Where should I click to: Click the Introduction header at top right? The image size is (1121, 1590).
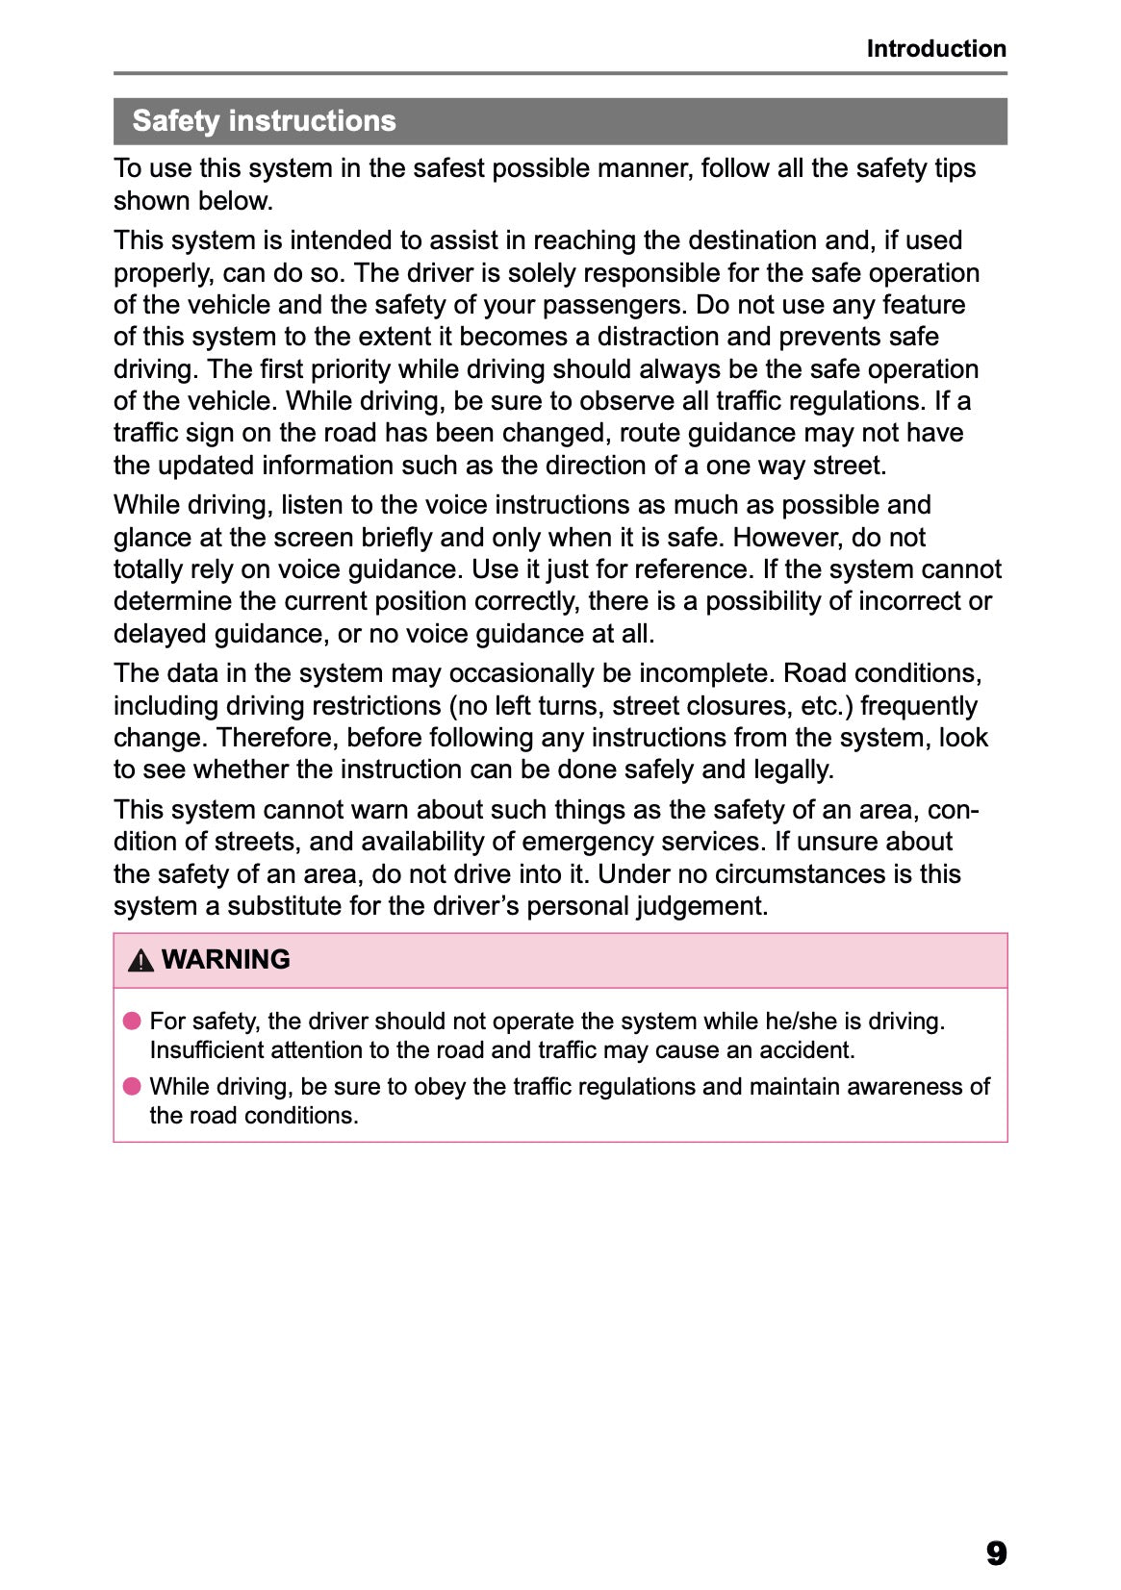pyautogui.click(x=935, y=48)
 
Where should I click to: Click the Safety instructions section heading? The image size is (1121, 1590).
pyautogui.click(x=264, y=121)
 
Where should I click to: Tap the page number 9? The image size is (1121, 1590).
pyautogui.click(x=996, y=1552)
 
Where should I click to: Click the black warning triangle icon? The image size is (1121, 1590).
pyautogui.click(x=140, y=960)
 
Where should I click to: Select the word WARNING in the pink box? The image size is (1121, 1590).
pyautogui.click(x=225, y=960)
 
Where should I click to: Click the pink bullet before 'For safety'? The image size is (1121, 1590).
pyautogui.click(x=132, y=1021)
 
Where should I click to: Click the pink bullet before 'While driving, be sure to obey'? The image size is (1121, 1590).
pyautogui.click(x=132, y=1086)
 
